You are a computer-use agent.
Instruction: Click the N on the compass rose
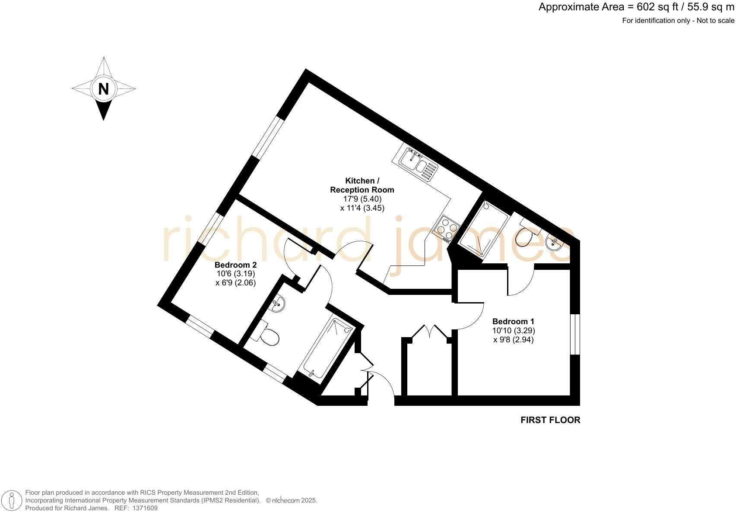tap(103, 89)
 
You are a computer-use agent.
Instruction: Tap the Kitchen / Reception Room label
tap(362, 185)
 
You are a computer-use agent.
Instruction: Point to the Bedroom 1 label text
tap(513, 321)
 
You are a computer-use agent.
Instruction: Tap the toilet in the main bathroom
tap(269, 335)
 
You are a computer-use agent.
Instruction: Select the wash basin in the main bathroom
tap(279, 304)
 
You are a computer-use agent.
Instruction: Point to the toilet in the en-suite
tap(525, 235)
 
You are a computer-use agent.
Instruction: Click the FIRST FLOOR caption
tap(550, 420)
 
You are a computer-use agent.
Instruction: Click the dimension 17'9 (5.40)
tap(362, 199)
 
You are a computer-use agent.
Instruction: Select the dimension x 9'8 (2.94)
tap(513, 340)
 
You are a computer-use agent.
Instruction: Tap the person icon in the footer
tap(13, 501)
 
